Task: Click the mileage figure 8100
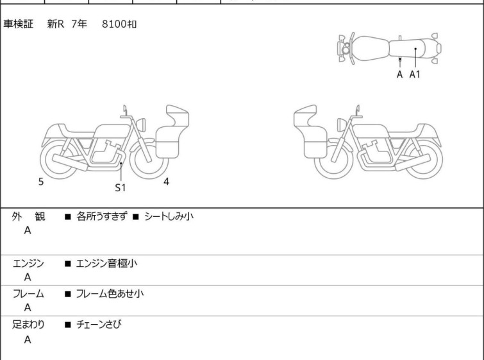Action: point(114,24)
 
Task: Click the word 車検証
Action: point(18,24)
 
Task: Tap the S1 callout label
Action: point(121,187)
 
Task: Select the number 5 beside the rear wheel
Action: point(41,182)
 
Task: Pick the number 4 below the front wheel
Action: point(167,182)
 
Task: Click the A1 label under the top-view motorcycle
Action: point(415,74)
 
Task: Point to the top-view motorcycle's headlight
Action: point(345,49)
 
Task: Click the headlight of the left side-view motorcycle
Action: point(141,124)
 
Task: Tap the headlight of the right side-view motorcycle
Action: point(342,124)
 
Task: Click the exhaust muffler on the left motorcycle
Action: point(70,162)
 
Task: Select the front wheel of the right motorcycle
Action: point(334,159)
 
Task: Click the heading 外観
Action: point(28,216)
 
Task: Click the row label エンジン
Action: point(28,264)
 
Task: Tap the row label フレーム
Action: point(28,293)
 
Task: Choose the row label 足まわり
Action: point(28,324)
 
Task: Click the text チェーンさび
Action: point(99,324)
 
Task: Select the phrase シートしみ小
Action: point(169,216)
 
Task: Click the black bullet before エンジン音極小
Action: point(67,264)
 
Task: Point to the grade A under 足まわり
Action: point(28,339)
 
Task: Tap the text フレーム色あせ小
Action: point(110,293)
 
